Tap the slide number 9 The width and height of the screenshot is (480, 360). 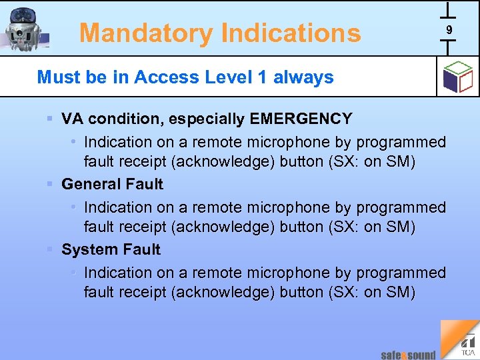click(449, 30)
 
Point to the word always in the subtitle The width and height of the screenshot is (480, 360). click(303, 77)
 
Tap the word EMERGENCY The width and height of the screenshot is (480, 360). click(301, 119)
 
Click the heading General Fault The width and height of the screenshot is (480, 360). click(112, 184)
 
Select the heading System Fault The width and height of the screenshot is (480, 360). click(111, 249)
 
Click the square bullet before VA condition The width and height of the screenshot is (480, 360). click(50, 119)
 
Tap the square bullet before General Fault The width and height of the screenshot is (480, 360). click(50, 184)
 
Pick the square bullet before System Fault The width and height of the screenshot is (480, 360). click(50, 249)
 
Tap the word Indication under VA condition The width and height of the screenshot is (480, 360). click(118, 142)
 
